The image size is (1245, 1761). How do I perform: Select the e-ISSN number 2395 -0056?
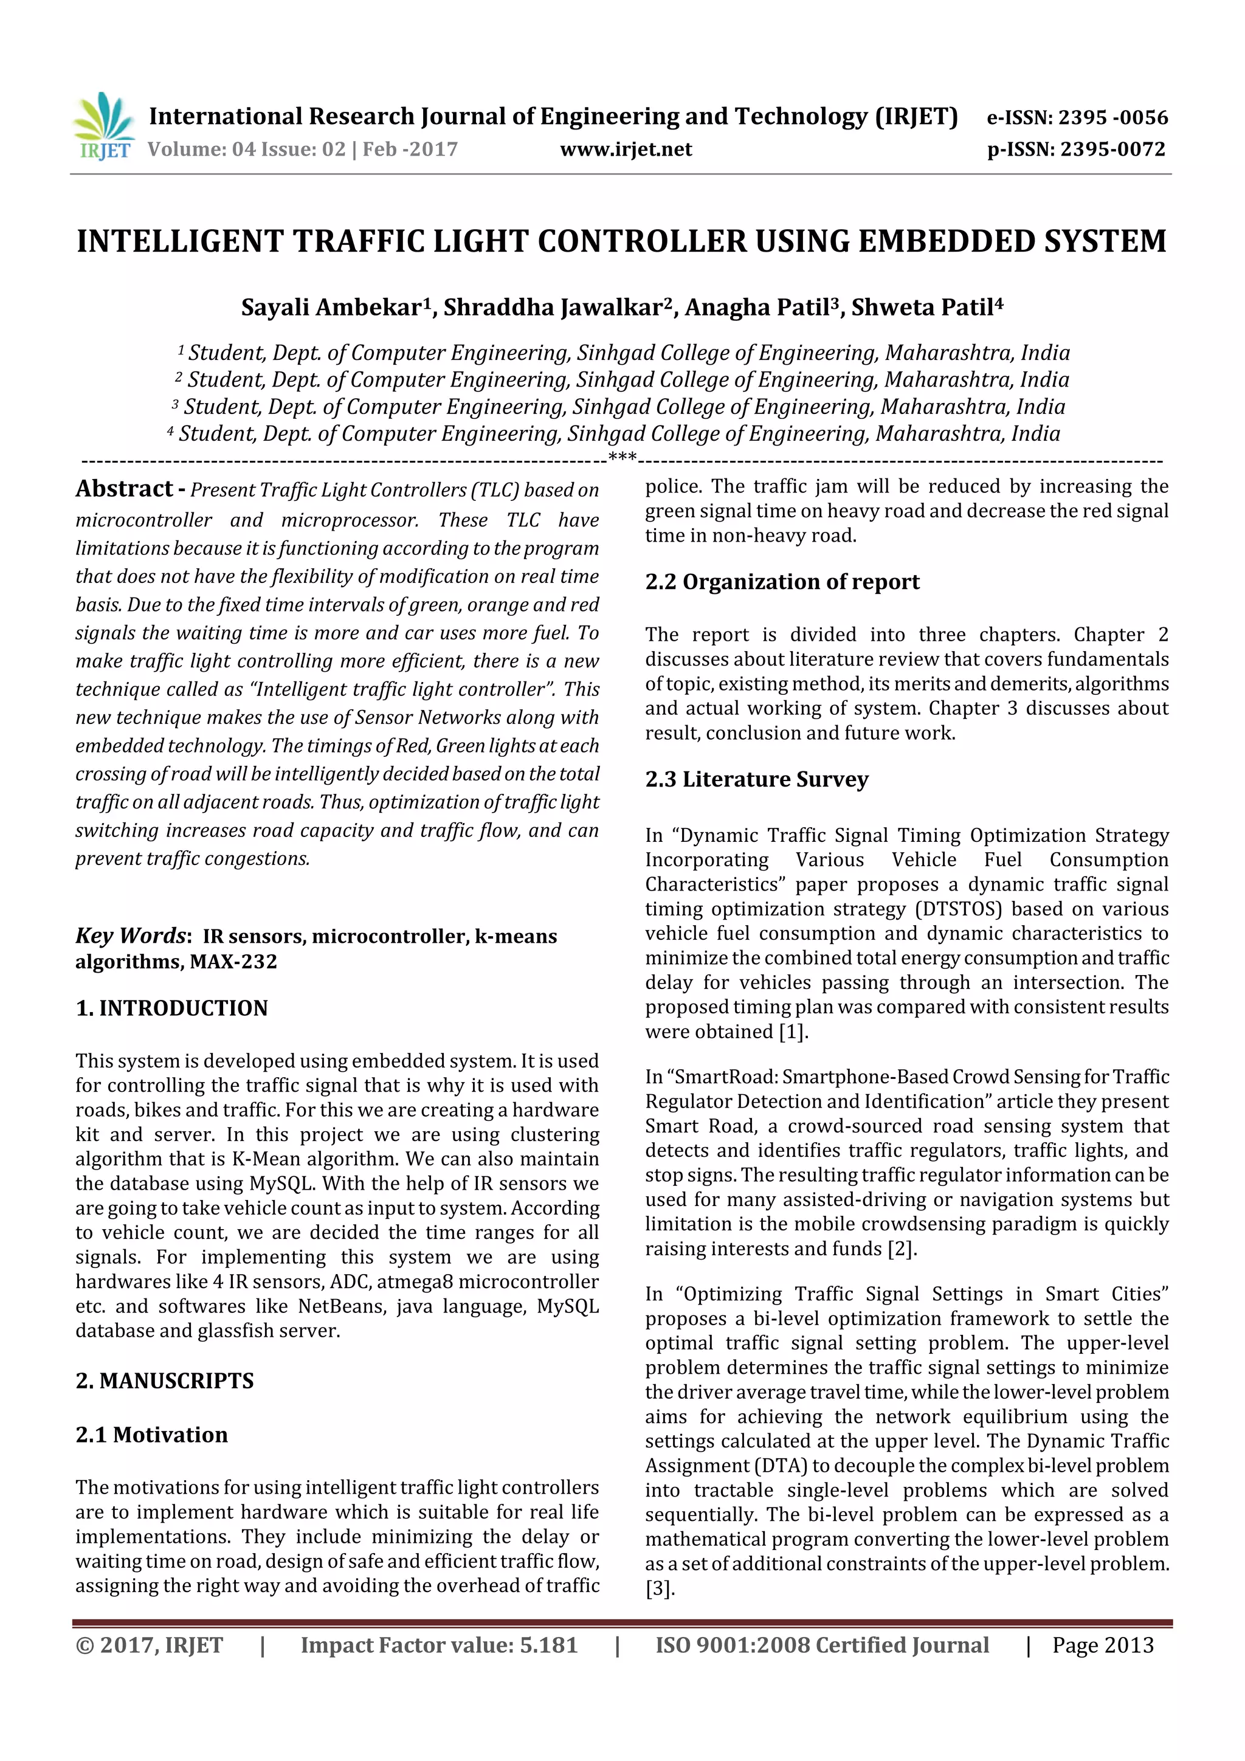pyautogui.click(x=1112, y=117)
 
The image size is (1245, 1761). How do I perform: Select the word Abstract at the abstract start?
pyautogui.click(x=124, y=489)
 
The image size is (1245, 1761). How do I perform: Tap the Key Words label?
pyautogui.click(x=131, y=936)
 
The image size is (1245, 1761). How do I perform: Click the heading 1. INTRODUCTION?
pyautogui.click(x=172, y=1008)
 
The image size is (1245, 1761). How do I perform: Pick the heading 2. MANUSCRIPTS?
pyautogui.click(x=164, y=1380)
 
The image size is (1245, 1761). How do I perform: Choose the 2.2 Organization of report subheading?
pyautogui.click(x=782, y=582)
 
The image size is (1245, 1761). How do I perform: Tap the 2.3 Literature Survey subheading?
pyautogui.click(x=756, y=779)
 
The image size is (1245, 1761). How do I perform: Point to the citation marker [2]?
pyautogui.click(x=902, y=1249)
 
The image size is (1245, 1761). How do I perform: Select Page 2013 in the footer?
pyautogui.click(x=1102, y=1645)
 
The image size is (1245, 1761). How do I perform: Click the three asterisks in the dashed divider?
pyautogui.click(x=621, y=459)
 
